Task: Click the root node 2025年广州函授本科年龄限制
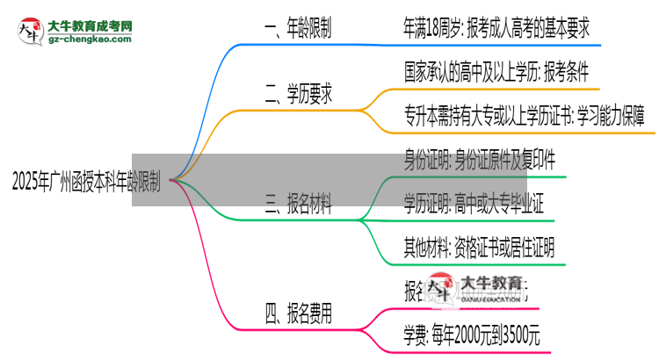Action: pyautogui.click(x=86, y=182)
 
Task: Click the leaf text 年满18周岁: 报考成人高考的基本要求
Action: pyautogui.click(x=496, y=30)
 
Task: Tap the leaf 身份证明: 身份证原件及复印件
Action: pyautogui.click(x=479, y=161)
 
